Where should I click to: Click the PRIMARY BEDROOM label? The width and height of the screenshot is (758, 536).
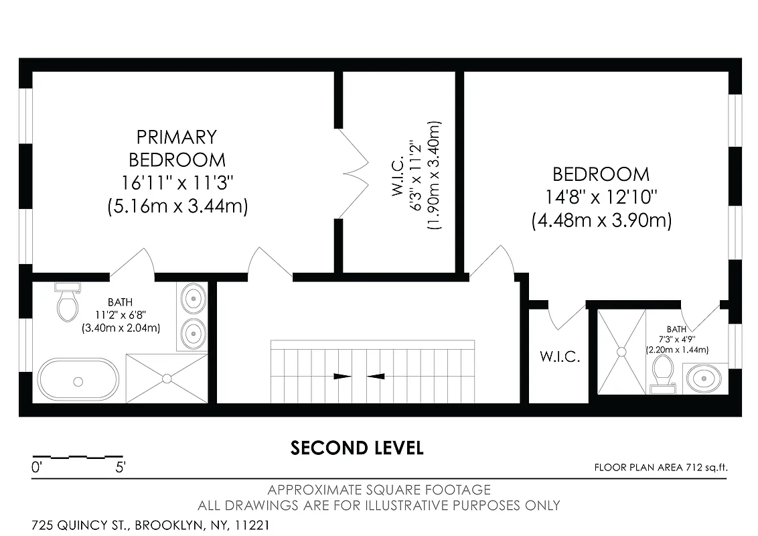click(x=177, y=148)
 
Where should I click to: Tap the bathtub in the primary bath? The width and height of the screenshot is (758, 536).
click(x=78, y=380)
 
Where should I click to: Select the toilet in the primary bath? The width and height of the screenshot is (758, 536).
click(x=67, y=302)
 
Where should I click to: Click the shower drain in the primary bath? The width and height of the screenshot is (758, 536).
click(x=167, y=379)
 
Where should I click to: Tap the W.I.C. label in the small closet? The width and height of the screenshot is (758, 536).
click(x=559, y=356)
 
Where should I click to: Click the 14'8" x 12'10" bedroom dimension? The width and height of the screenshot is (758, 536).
click(x=601, y=198)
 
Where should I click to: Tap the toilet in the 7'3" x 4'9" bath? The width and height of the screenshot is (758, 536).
click(x=663, y=372)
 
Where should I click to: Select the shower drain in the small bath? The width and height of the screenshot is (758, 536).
click(x=621, y=350)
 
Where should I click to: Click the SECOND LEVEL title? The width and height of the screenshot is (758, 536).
click(x=357, y=448)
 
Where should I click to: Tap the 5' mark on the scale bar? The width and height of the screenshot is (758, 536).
click(x=120, y=468)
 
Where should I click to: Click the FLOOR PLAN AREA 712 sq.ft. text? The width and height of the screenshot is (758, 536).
click(x=660, y=468)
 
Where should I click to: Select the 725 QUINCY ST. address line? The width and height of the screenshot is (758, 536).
click(x=151, y=525)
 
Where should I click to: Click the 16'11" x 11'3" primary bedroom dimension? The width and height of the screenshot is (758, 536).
click(x=177, y=183)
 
